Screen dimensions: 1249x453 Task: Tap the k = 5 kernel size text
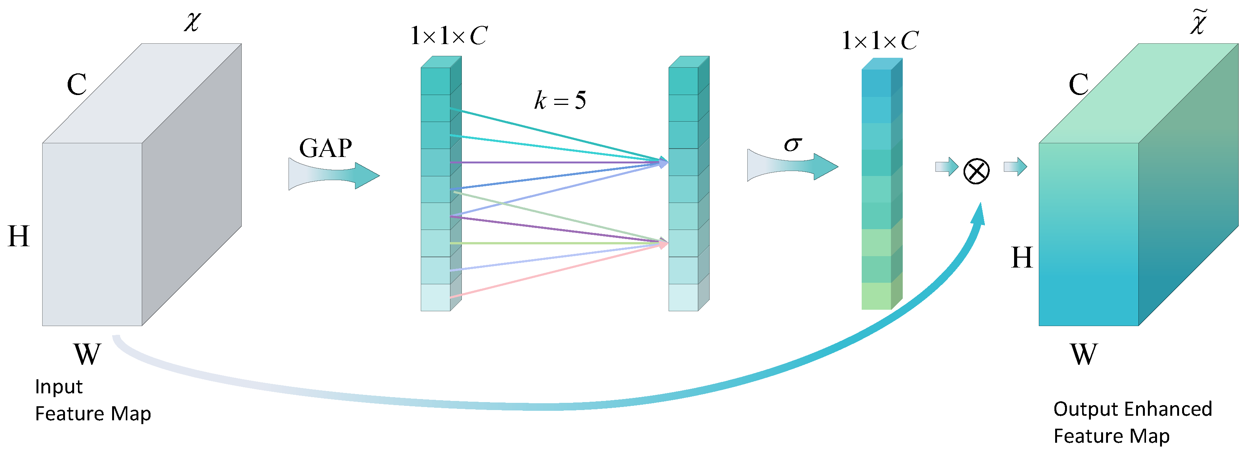point(560,100)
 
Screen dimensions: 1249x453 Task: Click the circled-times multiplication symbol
point(976,171)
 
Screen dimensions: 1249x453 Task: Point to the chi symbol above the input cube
point(192,21)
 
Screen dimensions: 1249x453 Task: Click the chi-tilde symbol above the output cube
point(1198,22)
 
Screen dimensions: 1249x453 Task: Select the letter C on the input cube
point(77,84)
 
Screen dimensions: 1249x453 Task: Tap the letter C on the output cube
point(1079,84)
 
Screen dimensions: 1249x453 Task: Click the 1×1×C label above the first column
point(449,35)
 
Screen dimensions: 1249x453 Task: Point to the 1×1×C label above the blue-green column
point(880,40)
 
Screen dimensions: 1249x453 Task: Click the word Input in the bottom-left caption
point(59,386)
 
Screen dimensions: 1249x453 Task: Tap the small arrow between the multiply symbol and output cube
point(1015,167)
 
